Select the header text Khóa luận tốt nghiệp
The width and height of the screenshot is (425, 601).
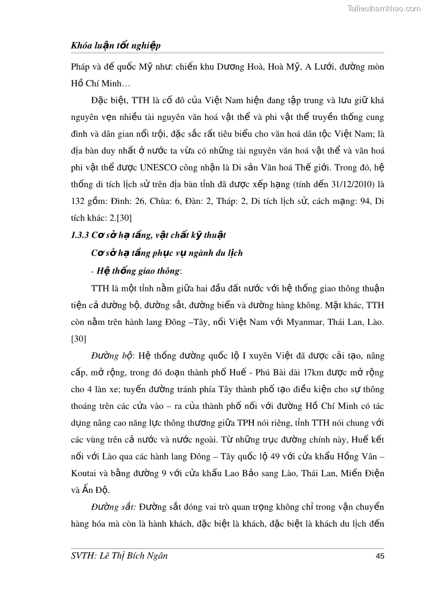[x=116, y=46]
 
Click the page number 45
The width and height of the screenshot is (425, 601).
[x=380, y=556]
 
